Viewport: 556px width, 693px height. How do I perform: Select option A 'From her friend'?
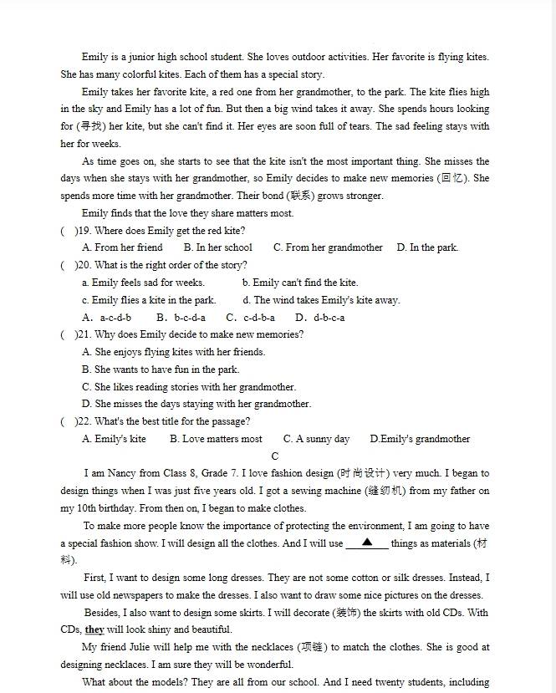click(122, 247)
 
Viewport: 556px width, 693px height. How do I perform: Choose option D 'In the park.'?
click(427, 247)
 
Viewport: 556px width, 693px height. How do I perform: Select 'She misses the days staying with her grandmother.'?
click(196, 404)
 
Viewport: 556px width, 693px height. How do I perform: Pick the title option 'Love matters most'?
click(216, 439)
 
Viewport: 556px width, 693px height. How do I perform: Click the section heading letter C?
click(275, 456)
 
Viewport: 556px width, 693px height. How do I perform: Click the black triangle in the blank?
click(367, 543)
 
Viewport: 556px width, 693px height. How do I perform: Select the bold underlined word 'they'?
click(94, 629)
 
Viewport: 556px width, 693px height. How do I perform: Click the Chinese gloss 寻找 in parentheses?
click(89, 126)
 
